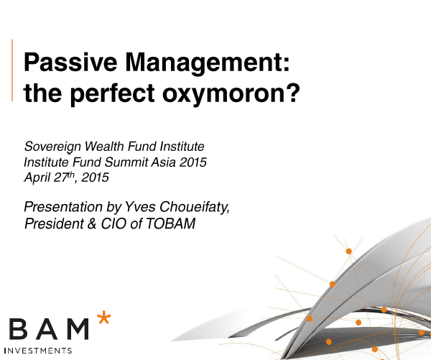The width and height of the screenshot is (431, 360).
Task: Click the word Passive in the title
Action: [70, 62]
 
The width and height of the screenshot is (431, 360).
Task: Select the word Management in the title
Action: [204, 64]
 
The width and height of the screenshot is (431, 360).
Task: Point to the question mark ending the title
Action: [294, 92]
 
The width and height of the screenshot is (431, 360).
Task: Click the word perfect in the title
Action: [112, 93]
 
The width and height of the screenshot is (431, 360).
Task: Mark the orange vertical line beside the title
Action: [12, 70]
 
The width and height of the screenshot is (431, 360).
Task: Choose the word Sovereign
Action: [52, 147]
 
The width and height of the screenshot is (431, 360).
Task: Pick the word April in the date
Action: [37, 177]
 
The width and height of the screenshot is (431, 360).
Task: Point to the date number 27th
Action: [64, 177]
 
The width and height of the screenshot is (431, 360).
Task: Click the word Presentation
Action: [63, 207]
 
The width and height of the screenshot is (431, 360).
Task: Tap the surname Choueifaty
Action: [195, 207]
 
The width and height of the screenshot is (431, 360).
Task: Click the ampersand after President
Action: [92, 223]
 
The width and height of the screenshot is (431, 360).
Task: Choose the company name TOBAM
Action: [171, 223]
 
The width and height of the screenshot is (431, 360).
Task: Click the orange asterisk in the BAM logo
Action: [104, 318]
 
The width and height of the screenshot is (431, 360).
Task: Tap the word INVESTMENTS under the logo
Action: [39, 351]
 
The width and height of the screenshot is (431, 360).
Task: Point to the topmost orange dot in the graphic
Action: [349, 251]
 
